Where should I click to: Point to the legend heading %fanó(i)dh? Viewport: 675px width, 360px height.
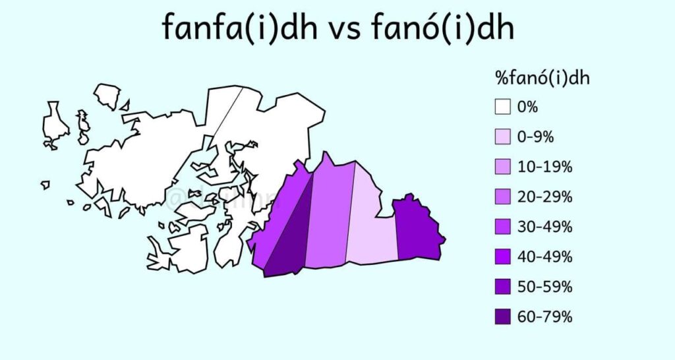[542, 78]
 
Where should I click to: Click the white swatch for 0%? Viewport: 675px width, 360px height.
[504, 107]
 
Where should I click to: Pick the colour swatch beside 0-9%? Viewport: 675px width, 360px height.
[504, 137]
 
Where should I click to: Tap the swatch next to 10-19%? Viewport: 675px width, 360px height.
[504, 167]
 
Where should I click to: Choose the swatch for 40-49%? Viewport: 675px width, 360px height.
[504, 256]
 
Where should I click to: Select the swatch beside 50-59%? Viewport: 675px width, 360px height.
[504, 287]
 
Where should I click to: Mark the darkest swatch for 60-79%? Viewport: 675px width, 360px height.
[504, 316]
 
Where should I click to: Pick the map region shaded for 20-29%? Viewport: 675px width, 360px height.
[330, 211]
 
